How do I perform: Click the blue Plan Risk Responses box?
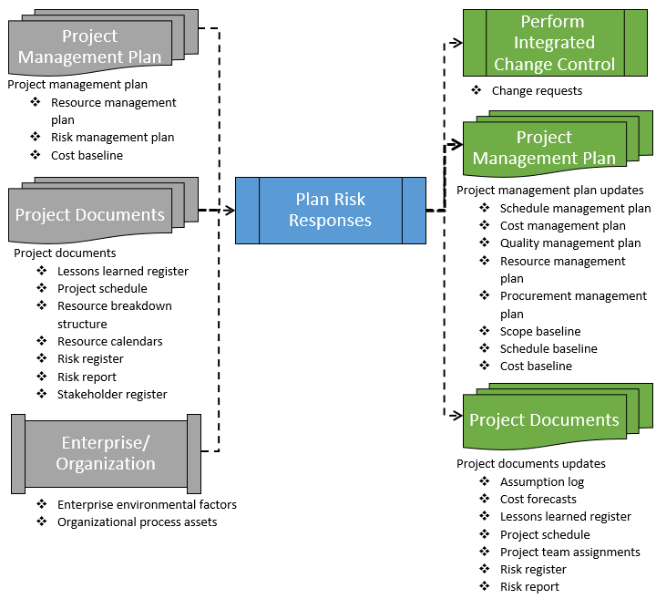[330, 210]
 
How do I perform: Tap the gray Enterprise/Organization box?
[107, 453]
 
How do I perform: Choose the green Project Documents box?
[544, 420]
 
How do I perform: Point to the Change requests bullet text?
[537, 91]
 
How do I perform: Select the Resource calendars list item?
[109, 342]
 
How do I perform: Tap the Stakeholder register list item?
[112, 395]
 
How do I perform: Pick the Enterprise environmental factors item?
[147, 505]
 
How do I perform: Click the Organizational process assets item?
[137, 522]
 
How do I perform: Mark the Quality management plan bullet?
[570, 243]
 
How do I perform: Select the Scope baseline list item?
[540, 332]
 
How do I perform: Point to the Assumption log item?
[542, 482]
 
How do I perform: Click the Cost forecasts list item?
[538, 500]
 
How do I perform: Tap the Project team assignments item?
[570, 553]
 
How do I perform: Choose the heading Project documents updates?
[531, 464]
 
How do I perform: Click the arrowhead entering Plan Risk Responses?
[230, 211]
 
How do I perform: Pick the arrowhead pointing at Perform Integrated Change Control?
[457, 42]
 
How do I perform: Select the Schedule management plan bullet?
[575, 209]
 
